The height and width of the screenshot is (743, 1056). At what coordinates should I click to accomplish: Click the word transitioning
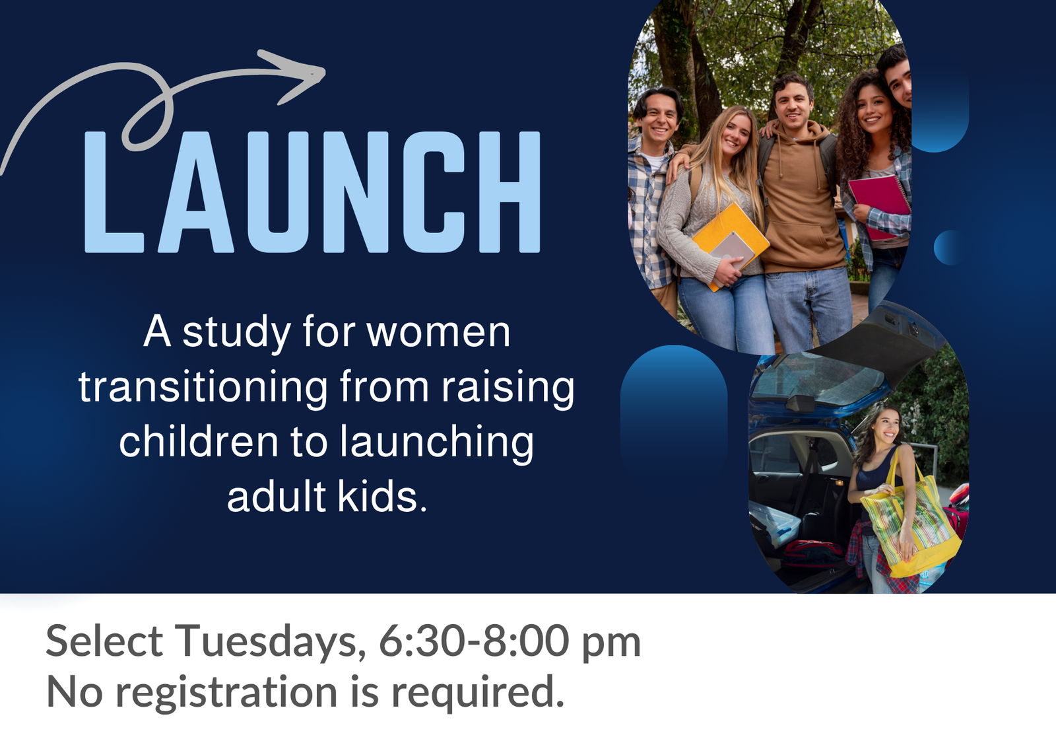click(x=203, y=387)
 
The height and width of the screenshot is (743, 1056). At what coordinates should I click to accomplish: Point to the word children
click(x=199, y=442)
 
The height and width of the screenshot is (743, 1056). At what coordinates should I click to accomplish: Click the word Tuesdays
click(x=270, y=641)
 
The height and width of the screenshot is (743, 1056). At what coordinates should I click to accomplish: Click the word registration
click(x=226, y=693)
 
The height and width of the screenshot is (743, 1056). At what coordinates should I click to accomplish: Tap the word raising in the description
click(x=508, y=387)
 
